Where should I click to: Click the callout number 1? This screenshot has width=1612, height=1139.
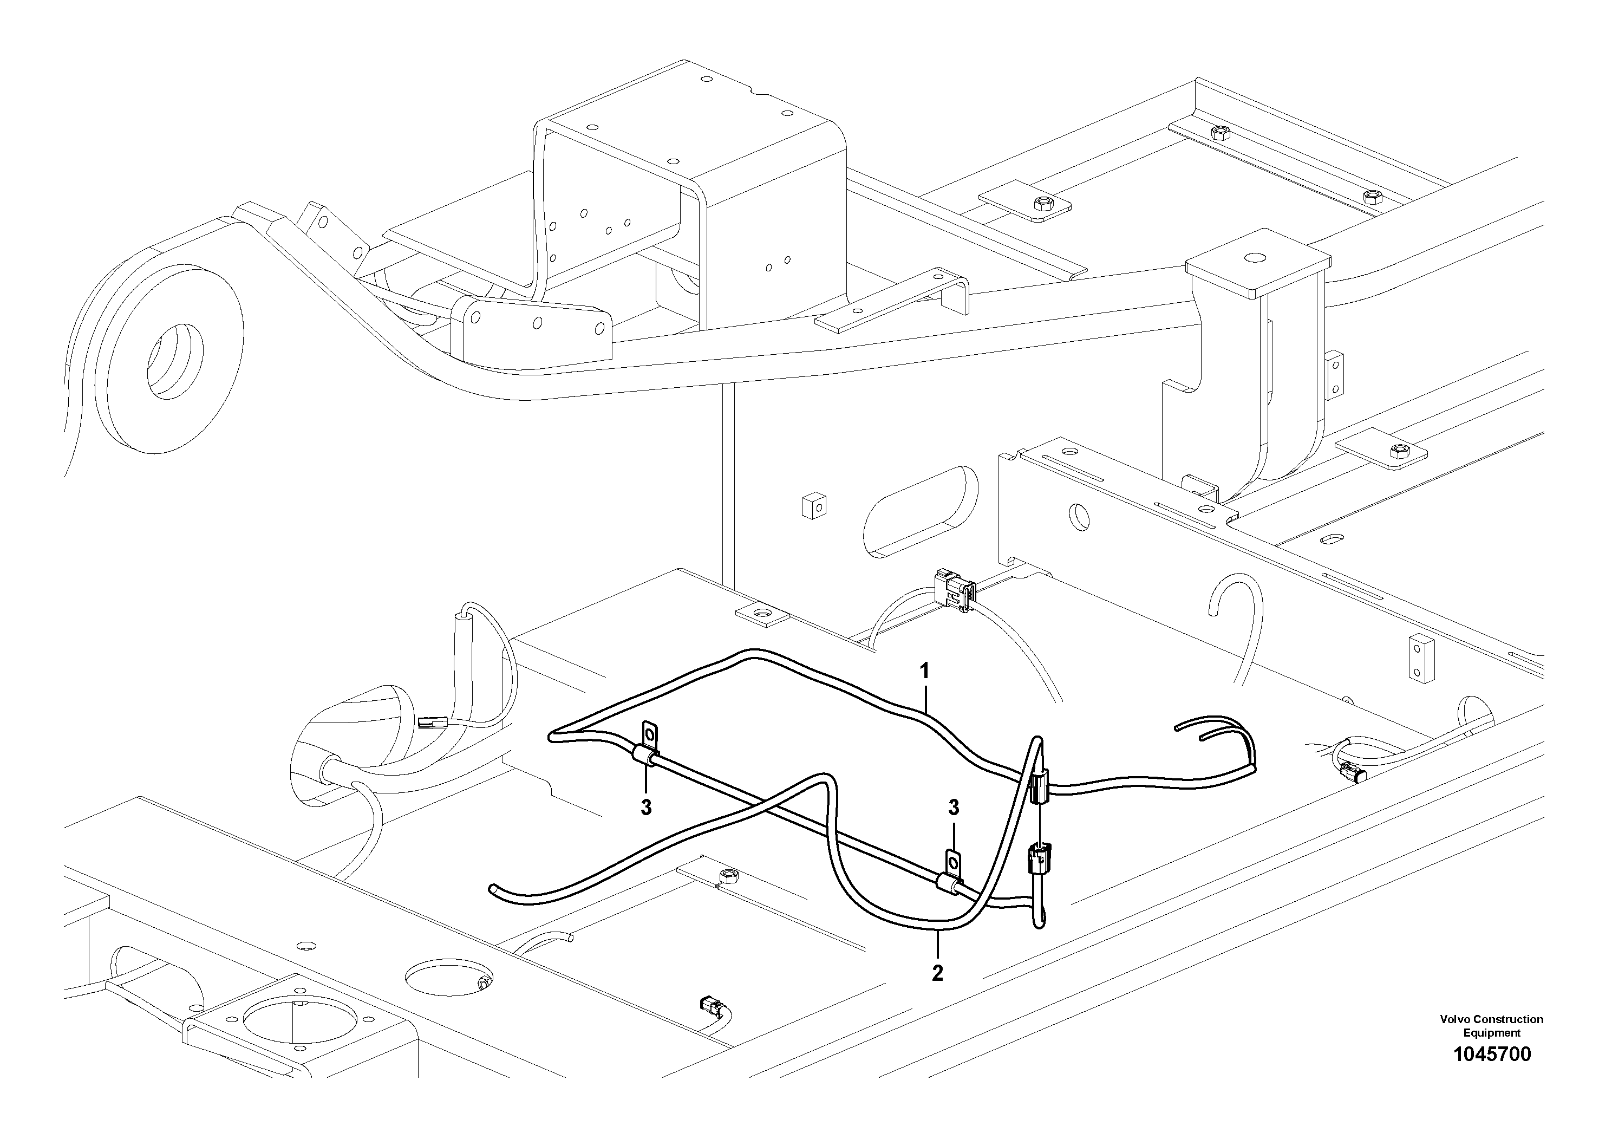pyautogui.click(x=925, y=671)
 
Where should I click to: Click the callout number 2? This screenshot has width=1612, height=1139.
pyautogui.click(x=937, y=973)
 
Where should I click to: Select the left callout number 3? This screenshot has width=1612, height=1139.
pyautogui.click(x=646, y=808)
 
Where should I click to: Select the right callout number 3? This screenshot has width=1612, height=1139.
pyautogui.click(x=954, y=808)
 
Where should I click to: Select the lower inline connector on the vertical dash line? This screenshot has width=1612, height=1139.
pyautogui.click(x=1036, y=860)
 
